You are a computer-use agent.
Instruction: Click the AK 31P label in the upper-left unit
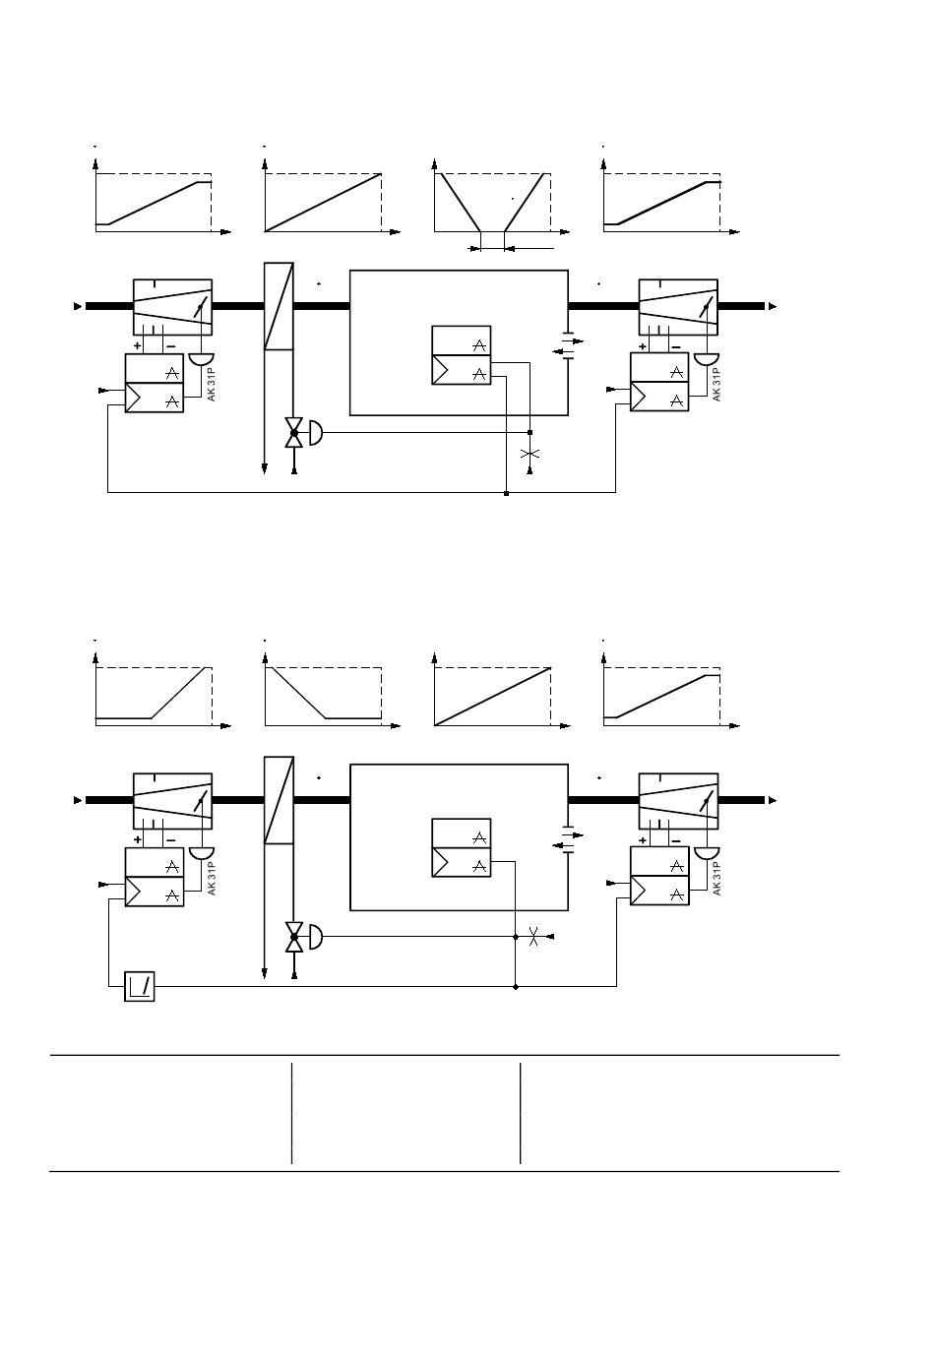(x=211, y=384)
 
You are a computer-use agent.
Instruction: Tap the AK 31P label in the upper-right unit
(x=717, y=384)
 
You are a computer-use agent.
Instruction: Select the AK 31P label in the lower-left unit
(x=211, y=879)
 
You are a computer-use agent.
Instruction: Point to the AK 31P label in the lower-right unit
(x=717, y=879)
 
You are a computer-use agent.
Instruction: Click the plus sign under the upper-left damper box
(x=138, y=346)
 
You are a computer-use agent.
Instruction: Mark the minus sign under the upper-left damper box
(x=171, y=346)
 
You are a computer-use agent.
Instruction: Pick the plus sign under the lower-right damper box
(x=643, y=840)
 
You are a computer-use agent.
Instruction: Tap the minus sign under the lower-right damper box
(x=676, y=840)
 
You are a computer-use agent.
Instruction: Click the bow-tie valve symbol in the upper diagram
(x=294, y=433)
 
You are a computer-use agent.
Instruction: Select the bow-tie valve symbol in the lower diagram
(x=294, y=937)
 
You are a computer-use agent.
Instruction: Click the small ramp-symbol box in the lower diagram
(x=140, y=987)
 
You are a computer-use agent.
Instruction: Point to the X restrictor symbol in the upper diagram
(x=530, y=454)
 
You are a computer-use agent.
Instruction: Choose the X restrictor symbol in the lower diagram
(x=533, y=937)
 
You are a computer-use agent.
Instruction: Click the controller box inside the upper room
(x=462, y=355)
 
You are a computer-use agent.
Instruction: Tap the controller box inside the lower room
(x=462, y=847)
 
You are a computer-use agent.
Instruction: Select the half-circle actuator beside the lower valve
(x=316, y=937)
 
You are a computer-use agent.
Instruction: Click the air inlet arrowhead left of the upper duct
(x=78, y=306)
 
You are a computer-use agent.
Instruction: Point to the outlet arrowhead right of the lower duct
(x=773, y=800)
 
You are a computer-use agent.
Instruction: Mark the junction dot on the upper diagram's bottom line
(x=507, y=494)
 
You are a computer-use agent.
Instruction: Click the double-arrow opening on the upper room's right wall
(x=569, y=346)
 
